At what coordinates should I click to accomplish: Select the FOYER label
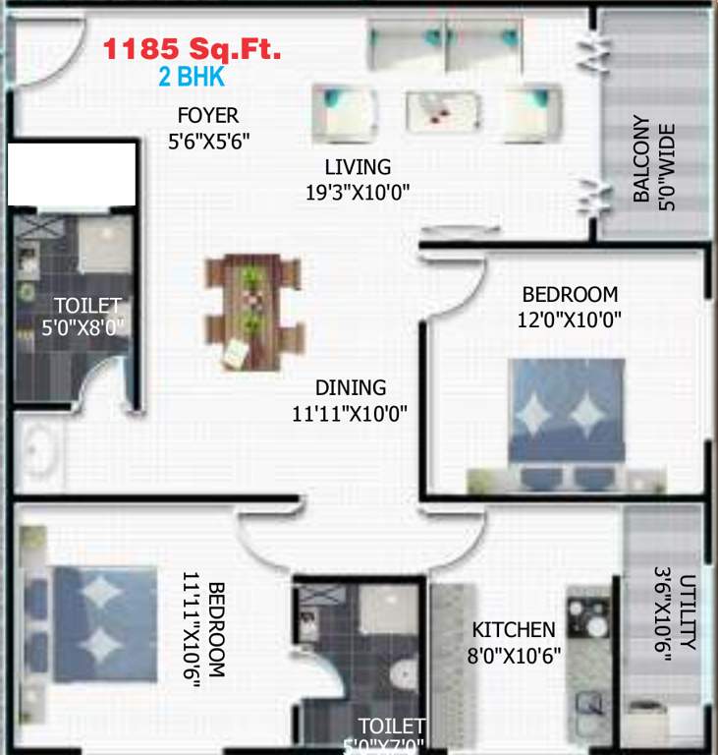tap(208, 116)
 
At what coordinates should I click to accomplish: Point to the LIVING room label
tap(358, 167)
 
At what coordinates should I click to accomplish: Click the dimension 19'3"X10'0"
tap(358, 192)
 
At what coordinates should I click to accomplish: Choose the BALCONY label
tap(641, 159)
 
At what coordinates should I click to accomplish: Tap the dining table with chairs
tap(252, 312)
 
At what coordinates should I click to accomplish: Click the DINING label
tap(351, 388)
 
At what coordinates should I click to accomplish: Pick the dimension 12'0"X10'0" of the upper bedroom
tap(570, 319)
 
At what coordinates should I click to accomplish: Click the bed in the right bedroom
tap(566, 413)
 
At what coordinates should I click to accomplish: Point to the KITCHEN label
tap(514, 630)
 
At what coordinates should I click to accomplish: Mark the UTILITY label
tap(688, 611)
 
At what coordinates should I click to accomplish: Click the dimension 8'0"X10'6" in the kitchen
tap(514, 656)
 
